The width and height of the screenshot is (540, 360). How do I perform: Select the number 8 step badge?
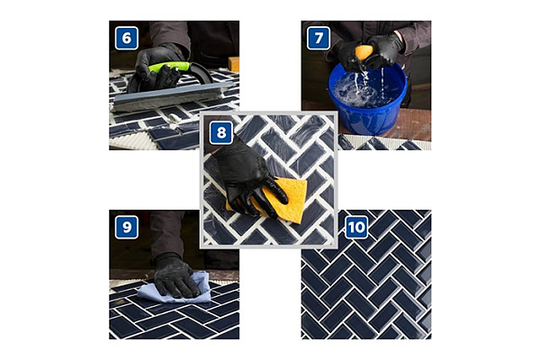click(x=220, y=131)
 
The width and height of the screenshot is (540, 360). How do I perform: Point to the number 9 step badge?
click(x=126, y=227)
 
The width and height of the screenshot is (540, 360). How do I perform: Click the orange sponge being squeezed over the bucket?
click(x=363, y=53)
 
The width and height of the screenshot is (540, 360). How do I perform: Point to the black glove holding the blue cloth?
click(x=173, y=275)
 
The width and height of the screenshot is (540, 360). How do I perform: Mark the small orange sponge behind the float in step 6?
click(x=233, y=64)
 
